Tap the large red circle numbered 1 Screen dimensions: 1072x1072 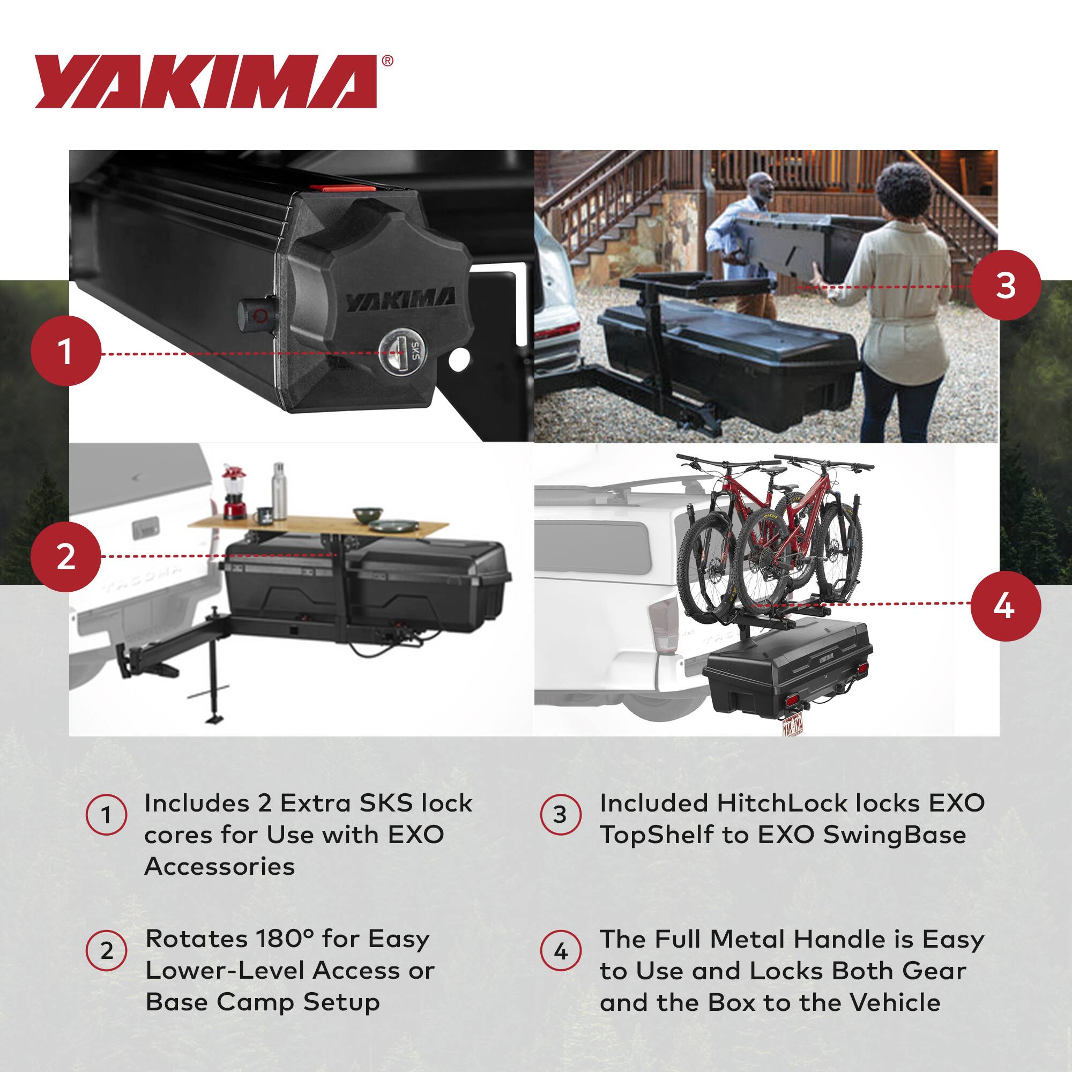pos(65,352)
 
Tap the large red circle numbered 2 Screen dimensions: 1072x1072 pos(65,556)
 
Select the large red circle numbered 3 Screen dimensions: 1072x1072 pos(1006,286)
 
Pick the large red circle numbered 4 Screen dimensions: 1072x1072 pos(1006,606)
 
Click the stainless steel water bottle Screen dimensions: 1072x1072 pos(279,492)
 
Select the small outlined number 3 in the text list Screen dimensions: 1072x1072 pos(561,815)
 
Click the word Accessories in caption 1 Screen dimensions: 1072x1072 pos(219,866)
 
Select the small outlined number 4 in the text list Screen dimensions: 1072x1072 pos(561,951)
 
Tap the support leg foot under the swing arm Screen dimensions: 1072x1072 pos(214,719)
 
